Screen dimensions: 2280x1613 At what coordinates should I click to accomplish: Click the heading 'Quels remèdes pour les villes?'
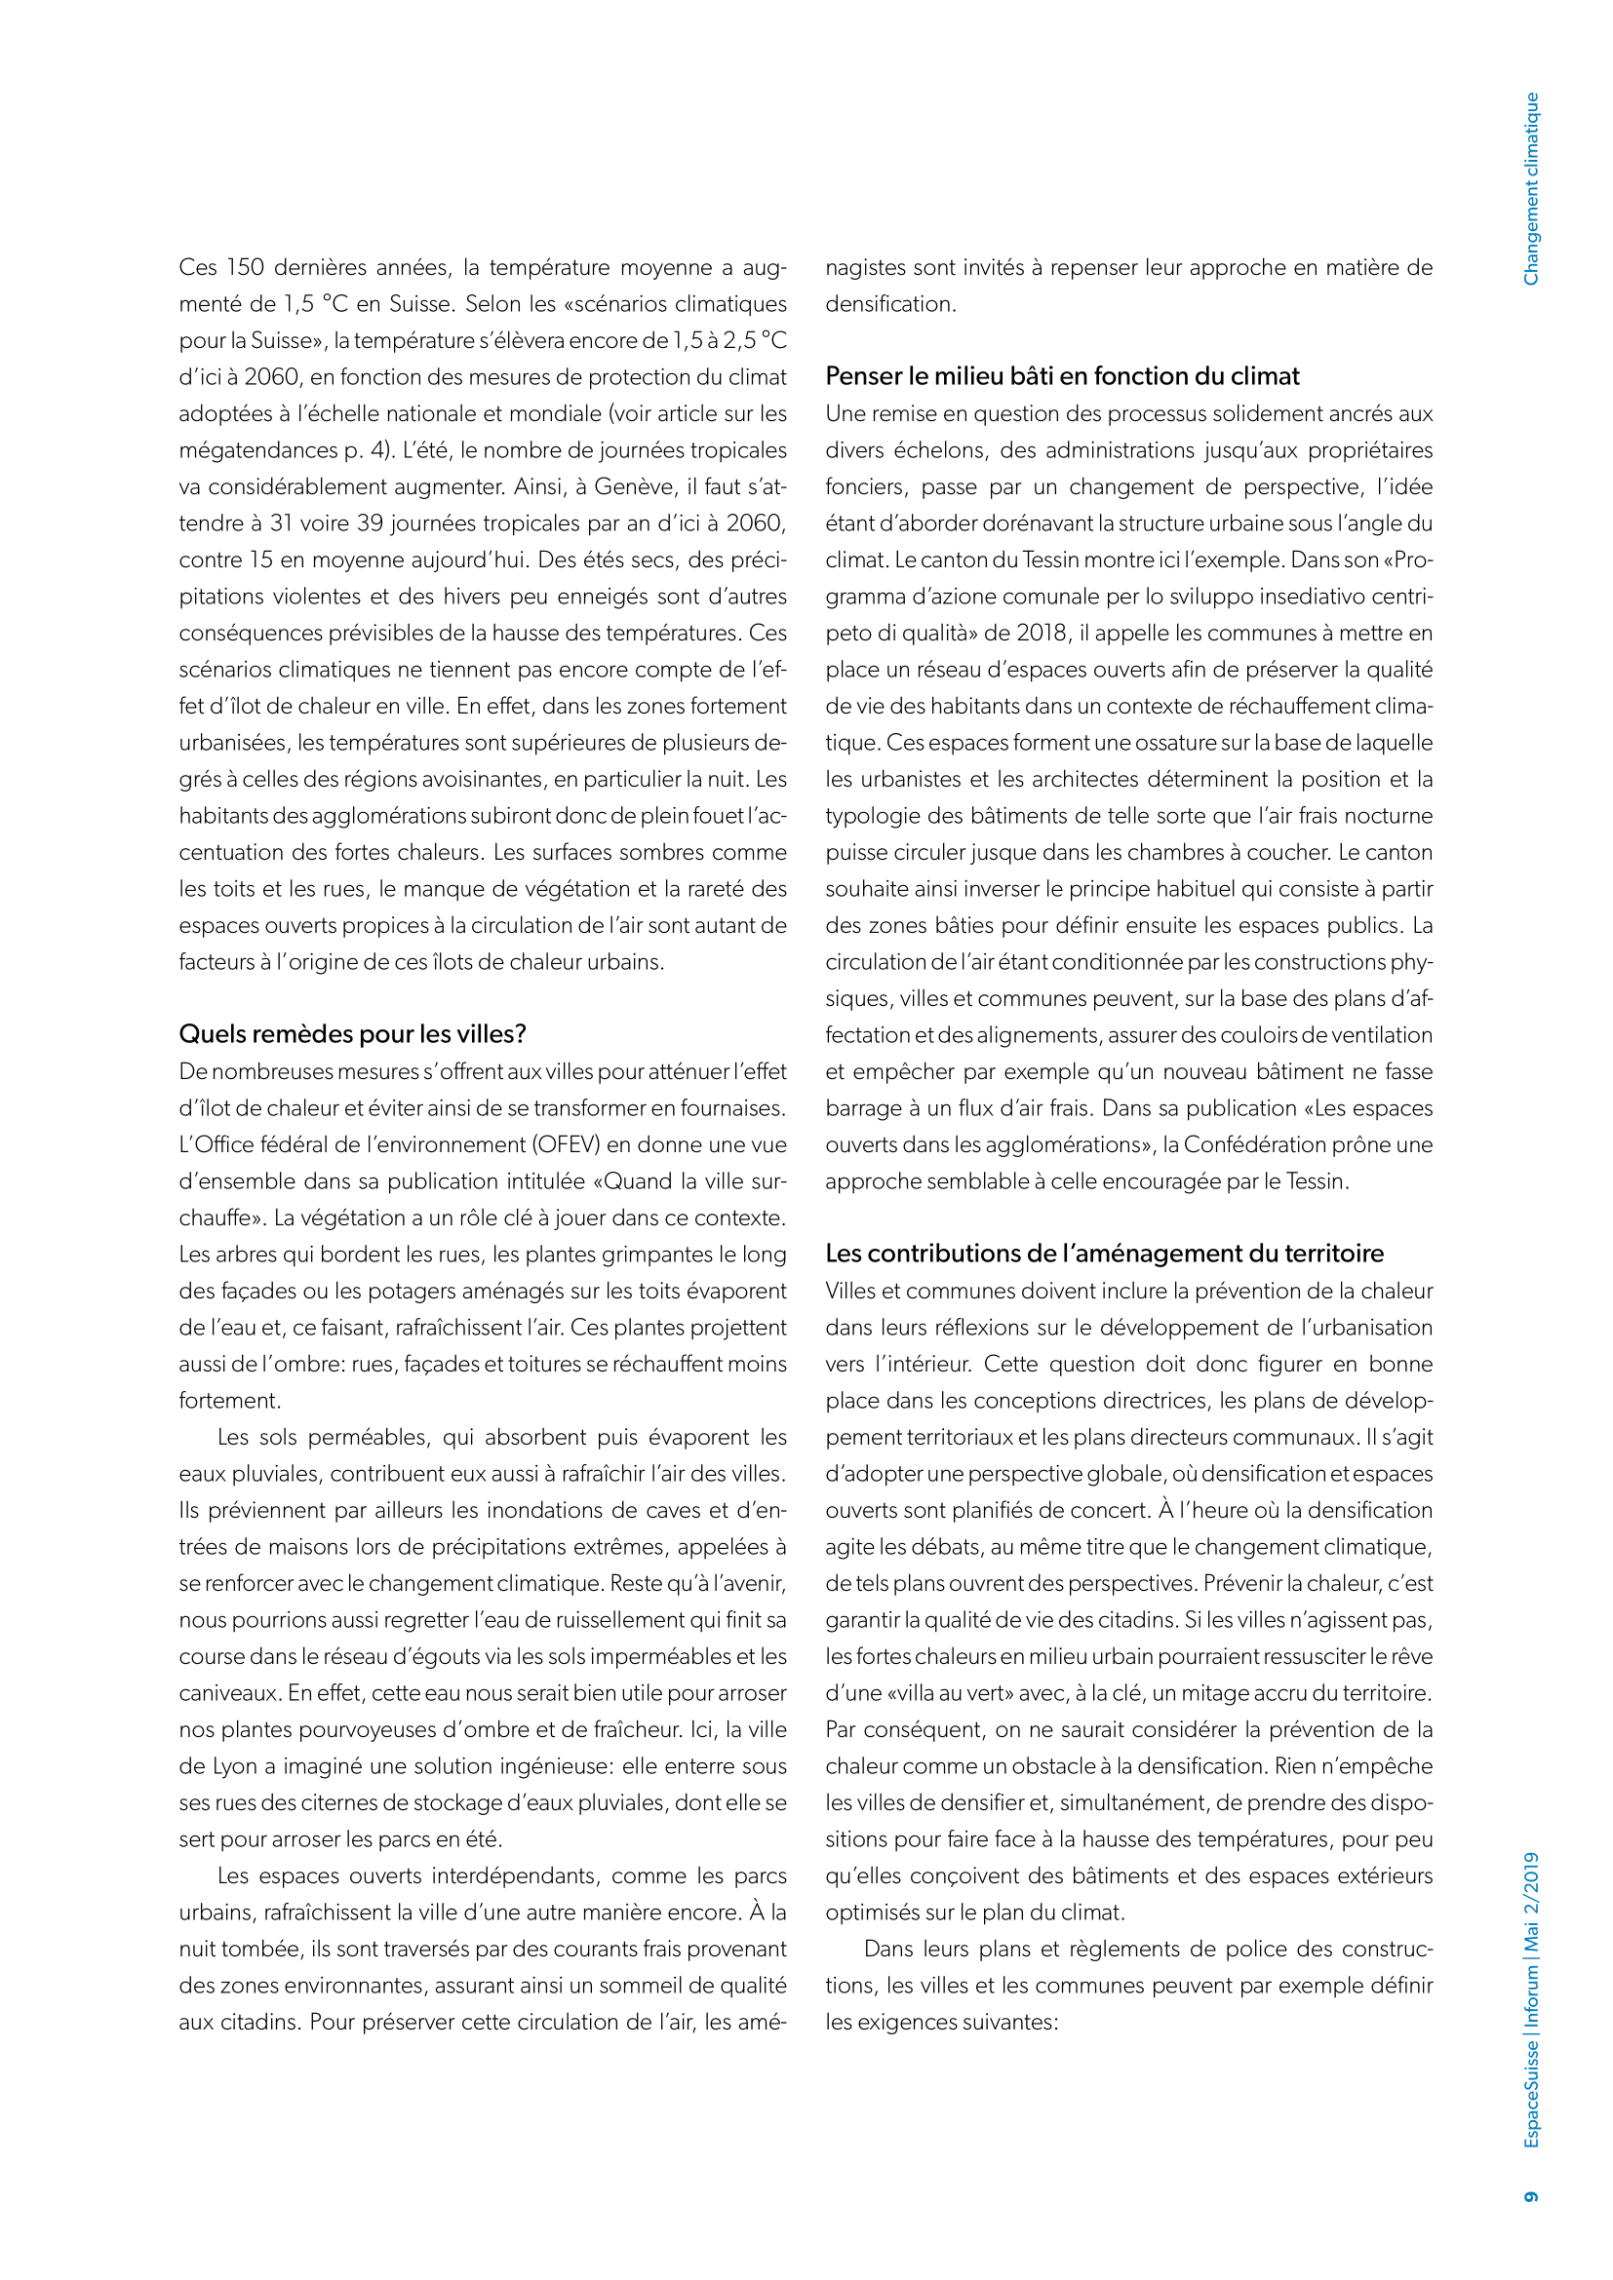pyautogui.click(x=353, y=1033)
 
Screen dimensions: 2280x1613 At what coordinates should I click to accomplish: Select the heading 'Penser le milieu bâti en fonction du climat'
pyautogui.click(x=1062, y=376)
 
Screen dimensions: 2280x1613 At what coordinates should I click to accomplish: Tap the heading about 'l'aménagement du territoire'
pyautogui.click(x=1105, y=1254)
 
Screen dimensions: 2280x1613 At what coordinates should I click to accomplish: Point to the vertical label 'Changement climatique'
pyautogui.click(x=1530, y=189)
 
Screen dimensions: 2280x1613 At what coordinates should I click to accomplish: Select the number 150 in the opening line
pyautogui.click(x=245, y=267)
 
